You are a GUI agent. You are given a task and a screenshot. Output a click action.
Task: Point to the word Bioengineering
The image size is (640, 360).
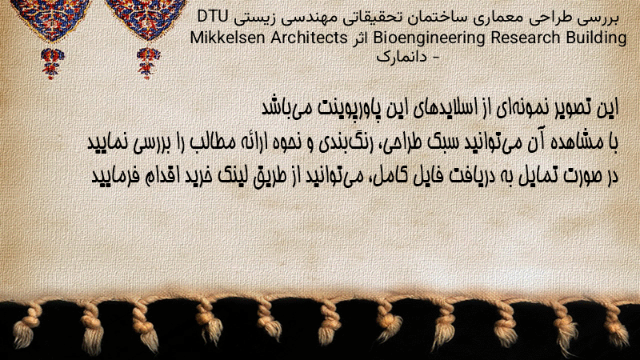[x=429, y=38]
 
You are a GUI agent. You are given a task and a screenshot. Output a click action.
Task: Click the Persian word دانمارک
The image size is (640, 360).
[x=402, y=57]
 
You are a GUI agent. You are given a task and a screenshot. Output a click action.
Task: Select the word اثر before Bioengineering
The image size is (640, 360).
[x=360, y=38]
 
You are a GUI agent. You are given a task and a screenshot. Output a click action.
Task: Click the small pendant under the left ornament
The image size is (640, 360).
[x=52, y=63]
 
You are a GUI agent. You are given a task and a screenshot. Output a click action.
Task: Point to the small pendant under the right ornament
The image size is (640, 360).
[x=148, y=63]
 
